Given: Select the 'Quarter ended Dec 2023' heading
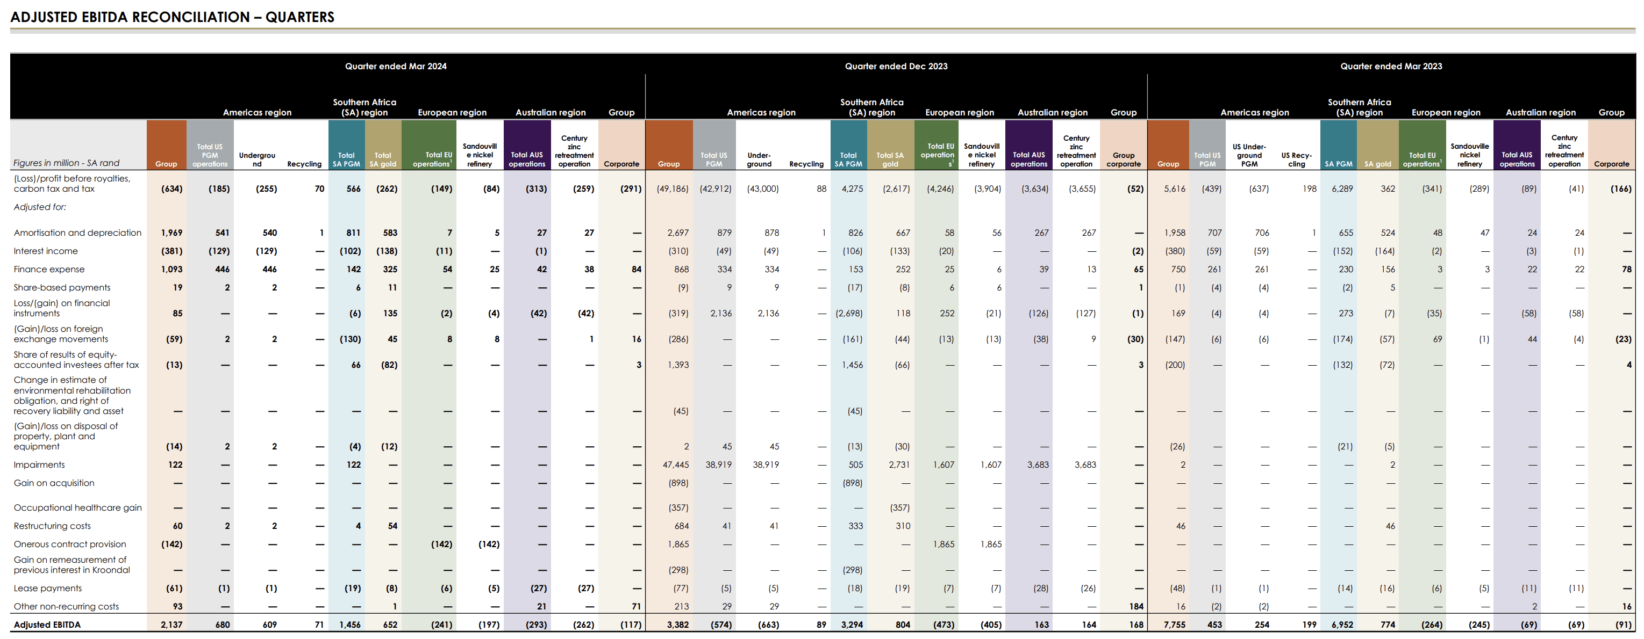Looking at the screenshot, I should point(896,67).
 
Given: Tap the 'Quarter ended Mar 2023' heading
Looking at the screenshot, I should point(1391,67).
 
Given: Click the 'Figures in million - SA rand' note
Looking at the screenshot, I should point(66,163).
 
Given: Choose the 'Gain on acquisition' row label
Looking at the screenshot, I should point(54,483).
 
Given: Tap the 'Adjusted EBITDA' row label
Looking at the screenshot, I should point(47,625).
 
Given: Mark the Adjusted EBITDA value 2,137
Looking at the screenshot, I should point(171,625).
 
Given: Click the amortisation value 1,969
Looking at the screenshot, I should point(171,233).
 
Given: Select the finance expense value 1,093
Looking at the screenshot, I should point(171,270).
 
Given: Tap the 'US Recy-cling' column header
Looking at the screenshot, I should point(1296,159).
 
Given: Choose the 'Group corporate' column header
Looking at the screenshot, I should point(1123,159).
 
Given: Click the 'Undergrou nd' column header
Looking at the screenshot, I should point(256,159).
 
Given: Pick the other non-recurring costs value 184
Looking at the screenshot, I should point(1136,606).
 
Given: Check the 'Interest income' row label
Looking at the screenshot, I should point(45,251).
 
